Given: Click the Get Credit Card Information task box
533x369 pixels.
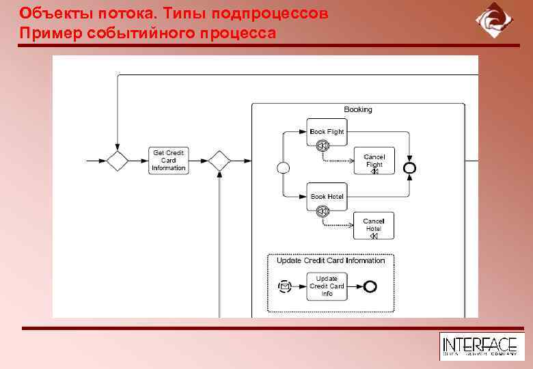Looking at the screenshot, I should [168, 161].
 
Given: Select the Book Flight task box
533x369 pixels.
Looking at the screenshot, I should [327, 131].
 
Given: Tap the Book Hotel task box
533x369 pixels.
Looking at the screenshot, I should [327, 196].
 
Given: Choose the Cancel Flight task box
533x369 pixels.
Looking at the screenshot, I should [374, 161].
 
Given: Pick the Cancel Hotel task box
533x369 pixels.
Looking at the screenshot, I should [374, 225].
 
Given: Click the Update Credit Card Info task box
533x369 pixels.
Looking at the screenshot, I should [327, 286].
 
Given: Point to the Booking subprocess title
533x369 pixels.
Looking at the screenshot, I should [358, 109].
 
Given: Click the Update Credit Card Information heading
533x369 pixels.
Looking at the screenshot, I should [331, 260].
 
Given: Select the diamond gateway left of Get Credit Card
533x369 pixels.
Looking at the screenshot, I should [118, 161].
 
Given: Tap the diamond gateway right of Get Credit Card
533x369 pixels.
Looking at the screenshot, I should [219, 161].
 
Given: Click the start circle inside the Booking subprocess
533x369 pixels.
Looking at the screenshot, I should [283, 167].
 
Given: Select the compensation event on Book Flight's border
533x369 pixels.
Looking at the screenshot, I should [323, 146].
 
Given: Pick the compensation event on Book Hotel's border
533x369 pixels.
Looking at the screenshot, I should [323, 211].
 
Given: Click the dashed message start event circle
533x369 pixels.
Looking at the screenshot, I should [285, 286].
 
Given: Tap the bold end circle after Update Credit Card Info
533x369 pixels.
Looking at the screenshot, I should [370, 286].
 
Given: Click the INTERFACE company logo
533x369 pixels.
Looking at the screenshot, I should [482, 346].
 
